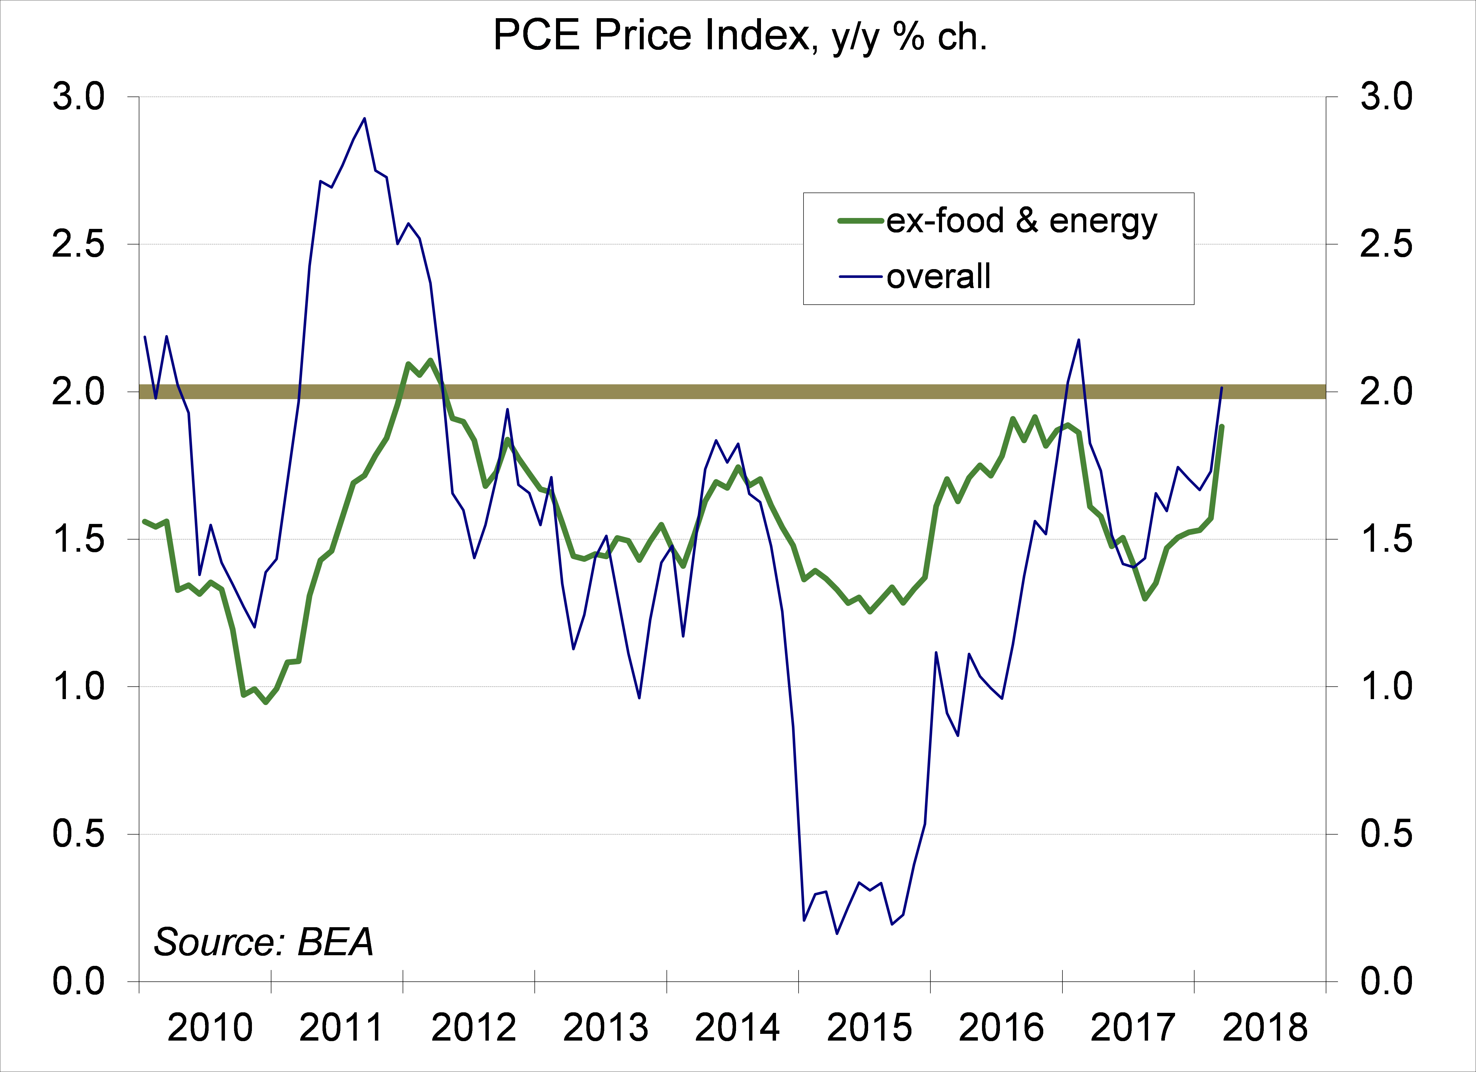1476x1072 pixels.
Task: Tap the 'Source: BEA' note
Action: [x=264, y=942]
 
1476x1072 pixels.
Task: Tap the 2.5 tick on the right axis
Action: [x=1386, y=245]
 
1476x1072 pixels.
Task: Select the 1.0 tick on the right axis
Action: [x=1386, y=687]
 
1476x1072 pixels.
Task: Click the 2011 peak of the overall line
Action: [x=365, y=118]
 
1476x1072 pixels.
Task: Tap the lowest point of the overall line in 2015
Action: [x=837, y=933]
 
